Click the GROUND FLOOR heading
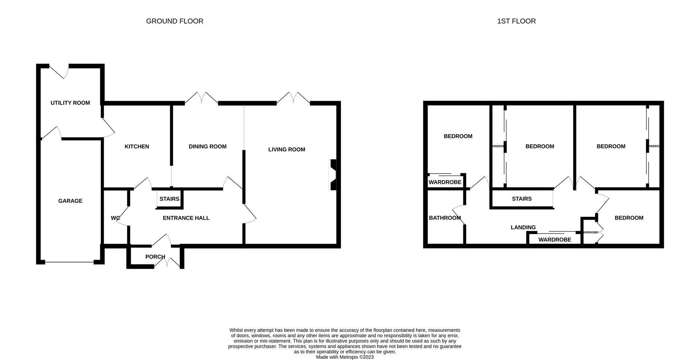point(175,21)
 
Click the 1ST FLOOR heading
point(516,21)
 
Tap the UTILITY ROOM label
point(70,103)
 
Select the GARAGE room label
point(70,201)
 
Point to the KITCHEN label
point(137,147)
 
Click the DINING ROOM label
point(207,147)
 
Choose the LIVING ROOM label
point(287,150)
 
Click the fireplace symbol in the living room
point(333,175)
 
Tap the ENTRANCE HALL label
point(186,218)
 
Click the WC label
point(115,218)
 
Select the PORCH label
point(155,257)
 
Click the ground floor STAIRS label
point(169,199)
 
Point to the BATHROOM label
point(445,218)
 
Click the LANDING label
point(523,228)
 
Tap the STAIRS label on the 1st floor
point(521,199)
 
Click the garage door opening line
point(69,262)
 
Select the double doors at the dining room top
point(202,98)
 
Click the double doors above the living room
point(293,98)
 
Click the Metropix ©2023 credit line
point(345,357)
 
